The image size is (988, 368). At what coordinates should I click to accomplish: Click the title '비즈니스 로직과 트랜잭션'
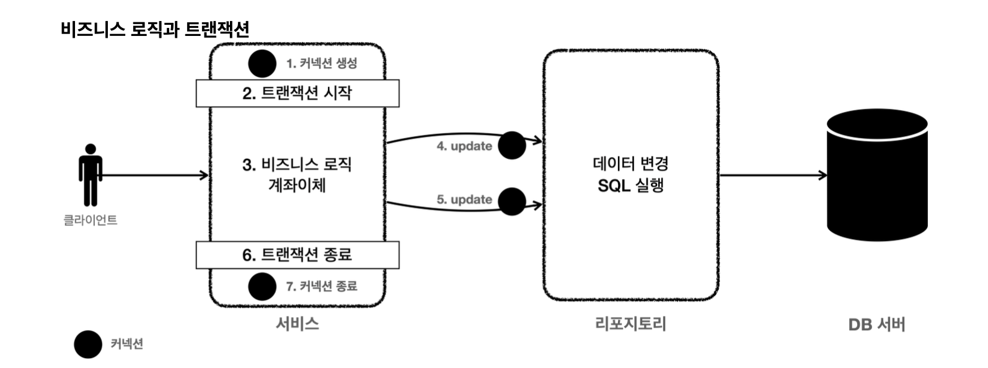(x=155, y=29)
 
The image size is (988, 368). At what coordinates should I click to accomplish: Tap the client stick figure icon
(x=90, y=175)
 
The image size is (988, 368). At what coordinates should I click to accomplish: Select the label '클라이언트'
(x=90, y=220)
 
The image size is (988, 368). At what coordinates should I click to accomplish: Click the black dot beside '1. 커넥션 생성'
(x=262, y=64)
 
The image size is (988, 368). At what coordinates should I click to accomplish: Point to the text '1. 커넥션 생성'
(x=321, y=63)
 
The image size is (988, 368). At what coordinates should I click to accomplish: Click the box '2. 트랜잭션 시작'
(x=298, y=93)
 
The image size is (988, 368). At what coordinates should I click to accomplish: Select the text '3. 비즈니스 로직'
(x=297, y=165)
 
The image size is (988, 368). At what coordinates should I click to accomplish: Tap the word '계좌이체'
(x=297, y=185)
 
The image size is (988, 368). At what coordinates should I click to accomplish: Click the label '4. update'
(x=464, y=146)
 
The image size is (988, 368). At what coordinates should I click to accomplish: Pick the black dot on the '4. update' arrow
(x=512, y=145)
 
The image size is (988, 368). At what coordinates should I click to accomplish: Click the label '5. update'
(x=464, y=199)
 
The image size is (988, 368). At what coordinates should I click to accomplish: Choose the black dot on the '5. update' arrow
(x=512, y=201)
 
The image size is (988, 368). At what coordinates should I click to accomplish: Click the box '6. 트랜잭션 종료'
(x=298, y=255)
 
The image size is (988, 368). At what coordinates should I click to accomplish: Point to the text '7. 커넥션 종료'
(x=321, y=286)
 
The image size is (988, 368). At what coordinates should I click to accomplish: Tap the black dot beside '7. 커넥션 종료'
(x=262, y=286)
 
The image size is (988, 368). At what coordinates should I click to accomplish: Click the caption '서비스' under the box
(x=298, y=323)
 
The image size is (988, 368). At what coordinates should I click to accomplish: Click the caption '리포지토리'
(x=630, y=323)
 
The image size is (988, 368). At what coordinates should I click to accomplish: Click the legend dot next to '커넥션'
(x=88, y=344)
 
